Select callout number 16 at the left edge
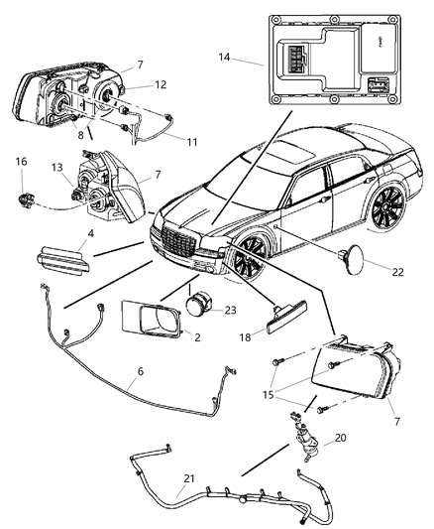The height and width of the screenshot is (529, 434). (20, 161)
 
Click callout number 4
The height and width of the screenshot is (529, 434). (91, 236)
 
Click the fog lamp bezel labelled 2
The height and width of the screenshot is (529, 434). (151, 321)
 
